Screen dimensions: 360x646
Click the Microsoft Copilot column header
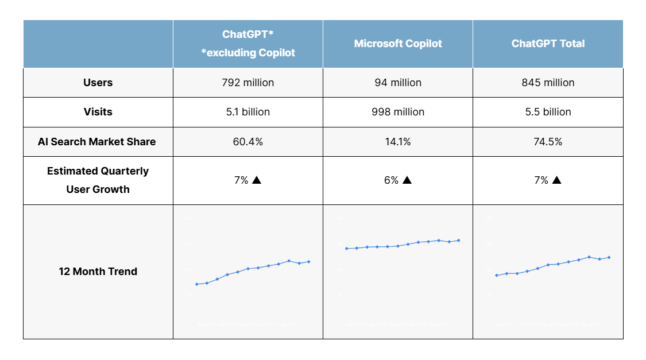[x=398, y=44]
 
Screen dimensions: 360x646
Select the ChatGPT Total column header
[x=548, y=44]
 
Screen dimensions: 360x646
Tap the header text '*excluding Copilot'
[x=247, y=53]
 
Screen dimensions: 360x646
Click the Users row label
[x=98, y=83]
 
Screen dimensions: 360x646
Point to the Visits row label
[x=98, y=112]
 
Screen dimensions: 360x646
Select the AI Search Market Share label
[x=97, y=142]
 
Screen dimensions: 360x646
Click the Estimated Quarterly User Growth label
[x=98, y=180]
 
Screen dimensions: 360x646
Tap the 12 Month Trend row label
[x=98, y=272]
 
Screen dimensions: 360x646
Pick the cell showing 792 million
[x=247, y=83]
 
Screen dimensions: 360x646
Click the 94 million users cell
[x=398, y=83]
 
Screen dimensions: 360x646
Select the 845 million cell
[x=548, y=83]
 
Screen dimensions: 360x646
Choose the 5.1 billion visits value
[x=247, y=112]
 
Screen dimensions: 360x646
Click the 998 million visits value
[x=398, y=112]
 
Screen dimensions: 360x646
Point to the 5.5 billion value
[x=548, y=112]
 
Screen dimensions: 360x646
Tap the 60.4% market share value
[x=247, y=142]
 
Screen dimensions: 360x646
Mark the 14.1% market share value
[x=398, y=142]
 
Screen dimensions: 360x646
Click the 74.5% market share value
[x=548, y=142]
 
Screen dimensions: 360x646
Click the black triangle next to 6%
[x=407, y=180]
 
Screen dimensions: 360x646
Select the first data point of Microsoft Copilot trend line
[x=346, y=249]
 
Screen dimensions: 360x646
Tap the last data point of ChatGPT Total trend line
[x=609, y=257]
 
